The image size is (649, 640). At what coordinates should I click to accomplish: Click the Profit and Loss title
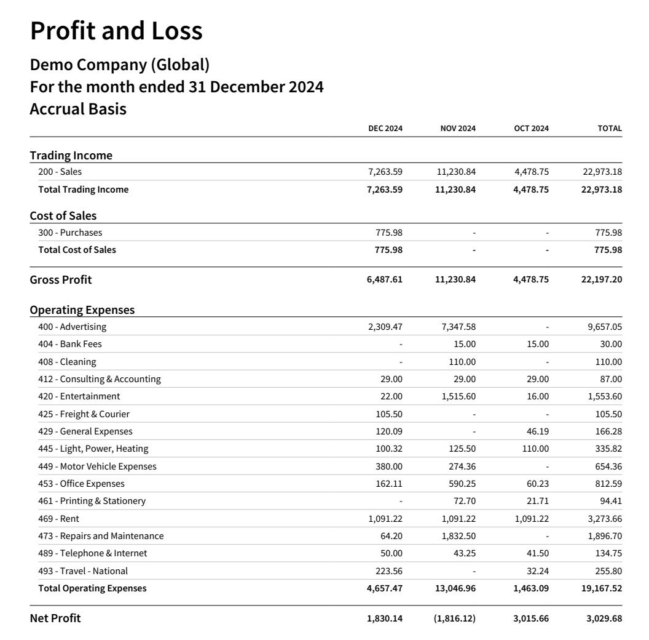[116, 31]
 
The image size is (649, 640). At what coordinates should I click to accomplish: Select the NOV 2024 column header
[458, 129]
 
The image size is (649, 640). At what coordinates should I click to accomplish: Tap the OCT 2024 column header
[531, 129]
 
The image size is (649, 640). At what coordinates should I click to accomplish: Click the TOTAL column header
[610, 129]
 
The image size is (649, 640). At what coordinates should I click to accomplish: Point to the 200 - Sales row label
[60, 172]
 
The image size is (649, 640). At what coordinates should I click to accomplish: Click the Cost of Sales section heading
[63, 216]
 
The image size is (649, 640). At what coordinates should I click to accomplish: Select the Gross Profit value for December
[385, 279]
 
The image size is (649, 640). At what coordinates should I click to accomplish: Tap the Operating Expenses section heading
[82, 310]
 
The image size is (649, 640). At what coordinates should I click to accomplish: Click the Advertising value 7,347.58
[458, 327]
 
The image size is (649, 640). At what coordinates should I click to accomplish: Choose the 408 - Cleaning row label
[67, 362]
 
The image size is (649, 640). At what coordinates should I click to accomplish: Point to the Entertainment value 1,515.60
[458, 396]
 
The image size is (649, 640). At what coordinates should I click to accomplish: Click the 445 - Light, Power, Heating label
[93, 449]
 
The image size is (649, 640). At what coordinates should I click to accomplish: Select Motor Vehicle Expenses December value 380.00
[389, 466]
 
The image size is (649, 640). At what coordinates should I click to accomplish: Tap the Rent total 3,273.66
[605, 519]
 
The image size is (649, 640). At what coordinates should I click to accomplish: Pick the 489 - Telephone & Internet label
[92, 553]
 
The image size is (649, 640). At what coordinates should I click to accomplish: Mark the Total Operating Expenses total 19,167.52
[602, 588]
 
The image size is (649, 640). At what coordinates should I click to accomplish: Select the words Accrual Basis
[78, 110]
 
